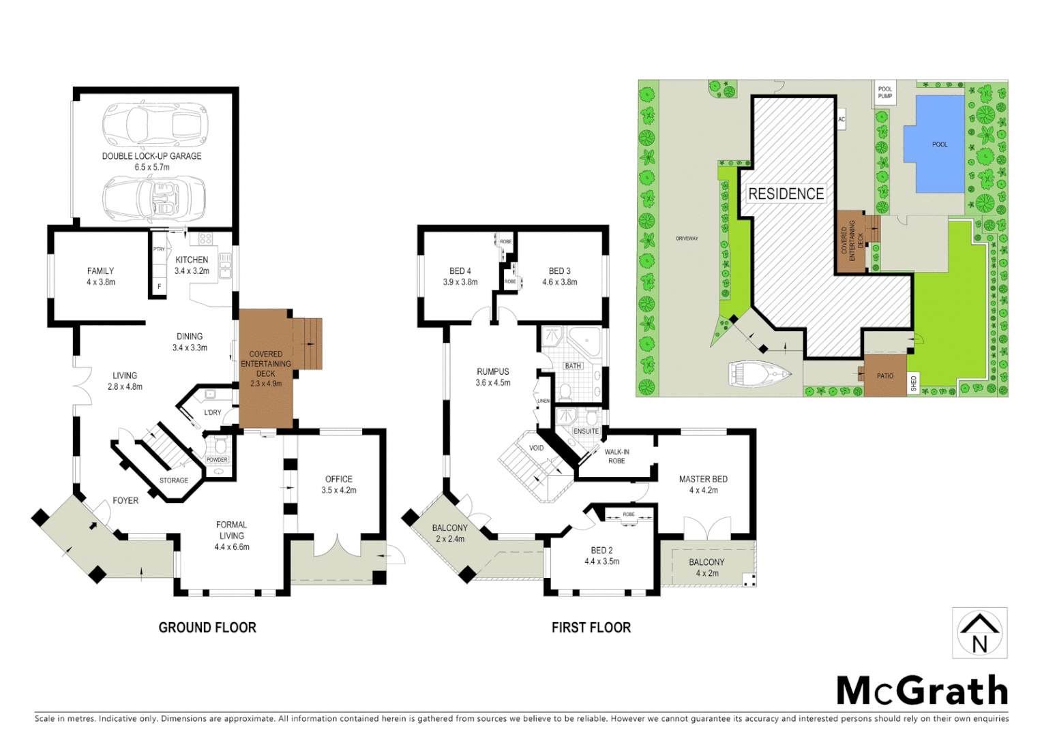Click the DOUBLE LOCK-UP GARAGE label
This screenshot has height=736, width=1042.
[x=151, y=156]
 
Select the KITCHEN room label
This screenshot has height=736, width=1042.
[x=192, y=260]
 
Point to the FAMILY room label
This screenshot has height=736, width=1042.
[x=100, y=271]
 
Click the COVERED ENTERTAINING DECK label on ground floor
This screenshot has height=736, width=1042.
[x=266, y=364]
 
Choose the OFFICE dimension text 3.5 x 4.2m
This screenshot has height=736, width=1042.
[x=339, y=490]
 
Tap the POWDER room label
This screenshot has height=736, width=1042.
[x=217, y=460]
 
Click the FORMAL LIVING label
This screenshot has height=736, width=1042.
[x=231, y=530]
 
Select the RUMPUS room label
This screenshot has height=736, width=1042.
[x=493, y=371]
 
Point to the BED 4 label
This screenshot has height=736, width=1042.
[x=460, y=271]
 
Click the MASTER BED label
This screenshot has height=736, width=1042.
[x=703, y=479]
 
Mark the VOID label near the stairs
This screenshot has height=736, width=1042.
[x=537, y=448]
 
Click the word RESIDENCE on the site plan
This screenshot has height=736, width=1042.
[x=786, y=194]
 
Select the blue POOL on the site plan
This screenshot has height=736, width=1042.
[x=934, y=144]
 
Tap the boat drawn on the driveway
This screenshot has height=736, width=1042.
[x=759, y=373]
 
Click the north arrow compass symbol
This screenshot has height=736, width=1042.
[x=980, y=633]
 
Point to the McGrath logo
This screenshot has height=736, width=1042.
[x=922, y=691]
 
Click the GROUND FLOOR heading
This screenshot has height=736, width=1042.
[x=207, y=628]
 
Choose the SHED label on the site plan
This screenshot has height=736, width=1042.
[x=914, y=384]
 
